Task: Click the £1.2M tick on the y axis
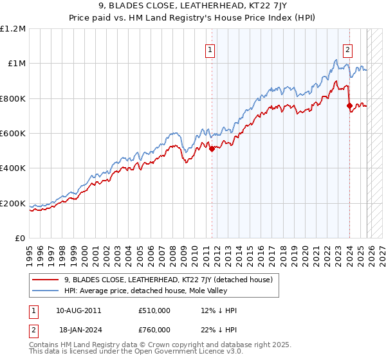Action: [13, 28]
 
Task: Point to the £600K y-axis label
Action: [13, 133]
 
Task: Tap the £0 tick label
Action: [20, 238]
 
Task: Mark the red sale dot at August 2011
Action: [212, 149]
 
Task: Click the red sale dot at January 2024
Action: [349, 105]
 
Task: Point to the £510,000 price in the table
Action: [154, 310]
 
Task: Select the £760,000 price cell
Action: [154, 329]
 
